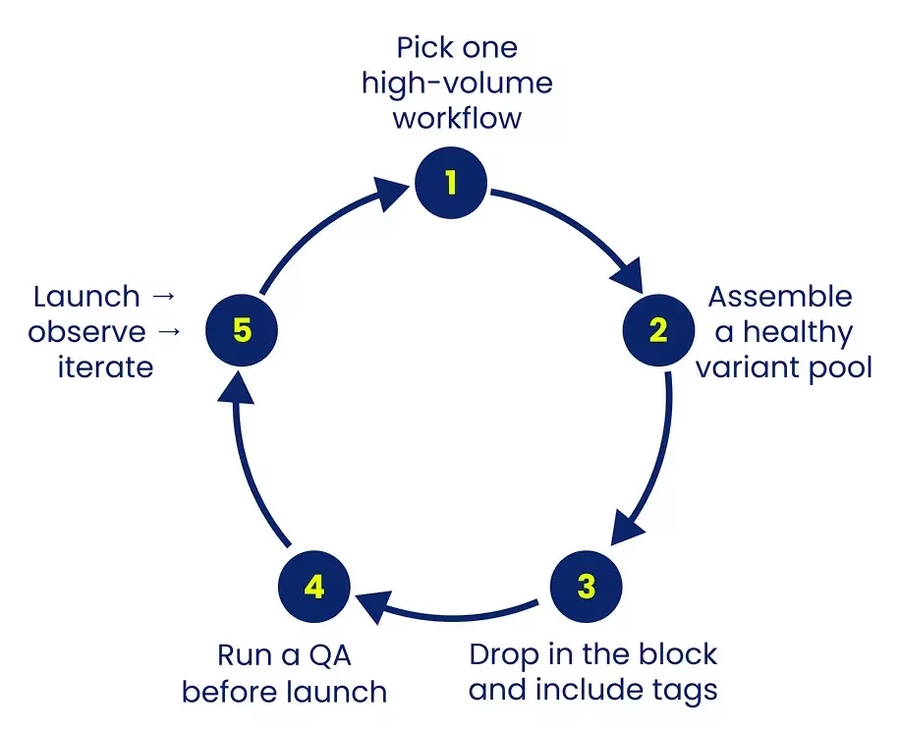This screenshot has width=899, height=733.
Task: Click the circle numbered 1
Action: click(451, 183)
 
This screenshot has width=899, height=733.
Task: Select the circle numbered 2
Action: click(658, 330)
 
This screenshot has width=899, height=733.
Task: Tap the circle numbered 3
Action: click(587, 588)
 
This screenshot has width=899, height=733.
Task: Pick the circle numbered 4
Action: click(314, 588)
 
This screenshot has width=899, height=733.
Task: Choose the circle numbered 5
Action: click(242, 330)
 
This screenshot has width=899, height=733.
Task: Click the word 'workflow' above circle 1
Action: click(457, 118)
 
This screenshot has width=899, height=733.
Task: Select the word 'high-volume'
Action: click(457, 84)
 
